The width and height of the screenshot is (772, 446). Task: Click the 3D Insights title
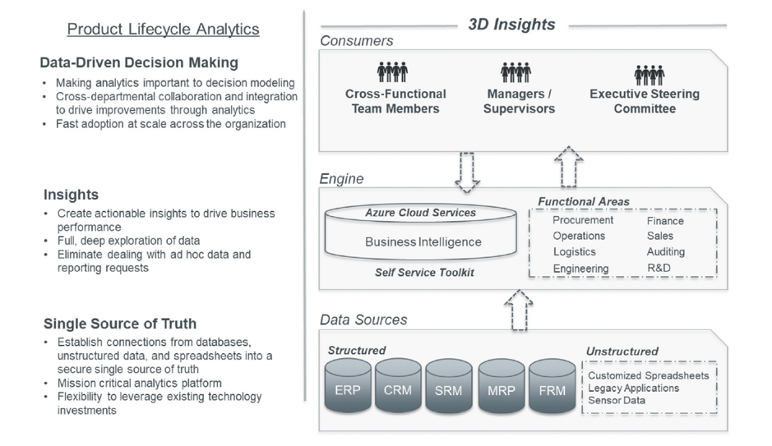(x=511, y=24)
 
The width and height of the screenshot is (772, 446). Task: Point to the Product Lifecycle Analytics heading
(x=163, y=30)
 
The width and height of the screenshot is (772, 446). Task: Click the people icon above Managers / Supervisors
(x=515, y=72)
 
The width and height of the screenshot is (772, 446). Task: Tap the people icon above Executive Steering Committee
(x=649, y=75)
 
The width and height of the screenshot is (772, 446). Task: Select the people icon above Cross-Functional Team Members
(x=392, y=72)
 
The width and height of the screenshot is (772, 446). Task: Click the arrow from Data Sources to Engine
(x=517, y=310)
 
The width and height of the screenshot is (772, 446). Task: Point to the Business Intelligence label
(x=423, y=242)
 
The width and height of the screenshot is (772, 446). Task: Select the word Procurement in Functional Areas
(x=583, y=220)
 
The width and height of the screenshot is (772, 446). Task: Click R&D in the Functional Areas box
(x=659, y=268)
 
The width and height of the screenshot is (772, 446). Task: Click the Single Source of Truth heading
(x=120, y=324)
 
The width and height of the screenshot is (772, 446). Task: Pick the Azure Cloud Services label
(x=421, y=213)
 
